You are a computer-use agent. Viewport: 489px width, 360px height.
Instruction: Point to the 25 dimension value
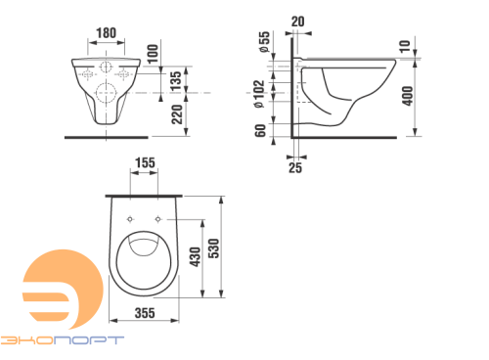tap(296, 167)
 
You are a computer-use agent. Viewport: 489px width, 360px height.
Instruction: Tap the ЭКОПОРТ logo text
tap(63, 338)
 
